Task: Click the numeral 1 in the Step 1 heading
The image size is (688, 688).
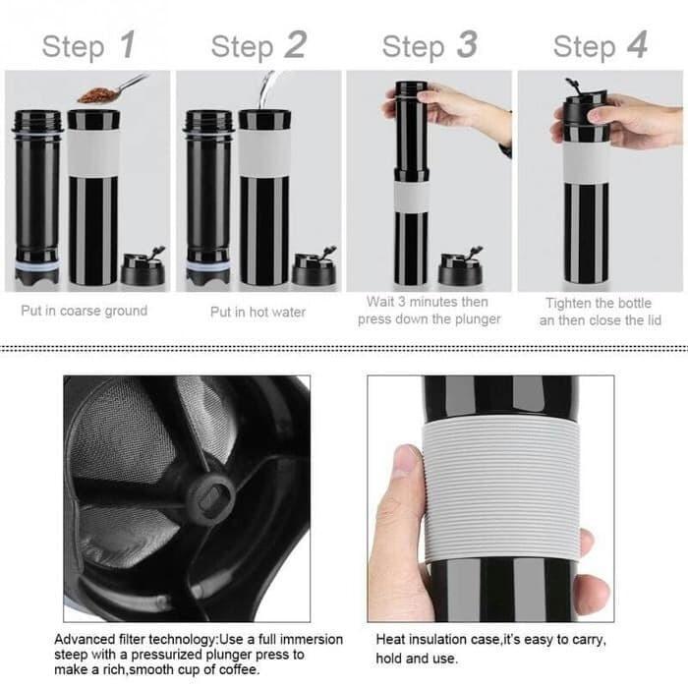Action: [x=126, y=44]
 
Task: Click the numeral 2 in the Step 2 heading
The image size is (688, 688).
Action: [x=295, y=44]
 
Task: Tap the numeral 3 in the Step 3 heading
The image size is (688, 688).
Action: [x=466, y=44]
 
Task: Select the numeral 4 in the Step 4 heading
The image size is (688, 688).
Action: [x=638, y=44]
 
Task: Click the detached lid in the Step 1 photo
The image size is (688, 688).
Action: [x=141, y=268]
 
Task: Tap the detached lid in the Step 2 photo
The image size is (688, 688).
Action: [x=314, y=268]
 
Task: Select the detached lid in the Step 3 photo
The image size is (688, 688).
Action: [x=460, y=268]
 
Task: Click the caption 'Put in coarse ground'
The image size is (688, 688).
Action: [x=85, y=311]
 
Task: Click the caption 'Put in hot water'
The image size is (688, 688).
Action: [x=258, y=312]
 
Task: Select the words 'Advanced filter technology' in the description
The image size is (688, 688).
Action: [x=131, y=638]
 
